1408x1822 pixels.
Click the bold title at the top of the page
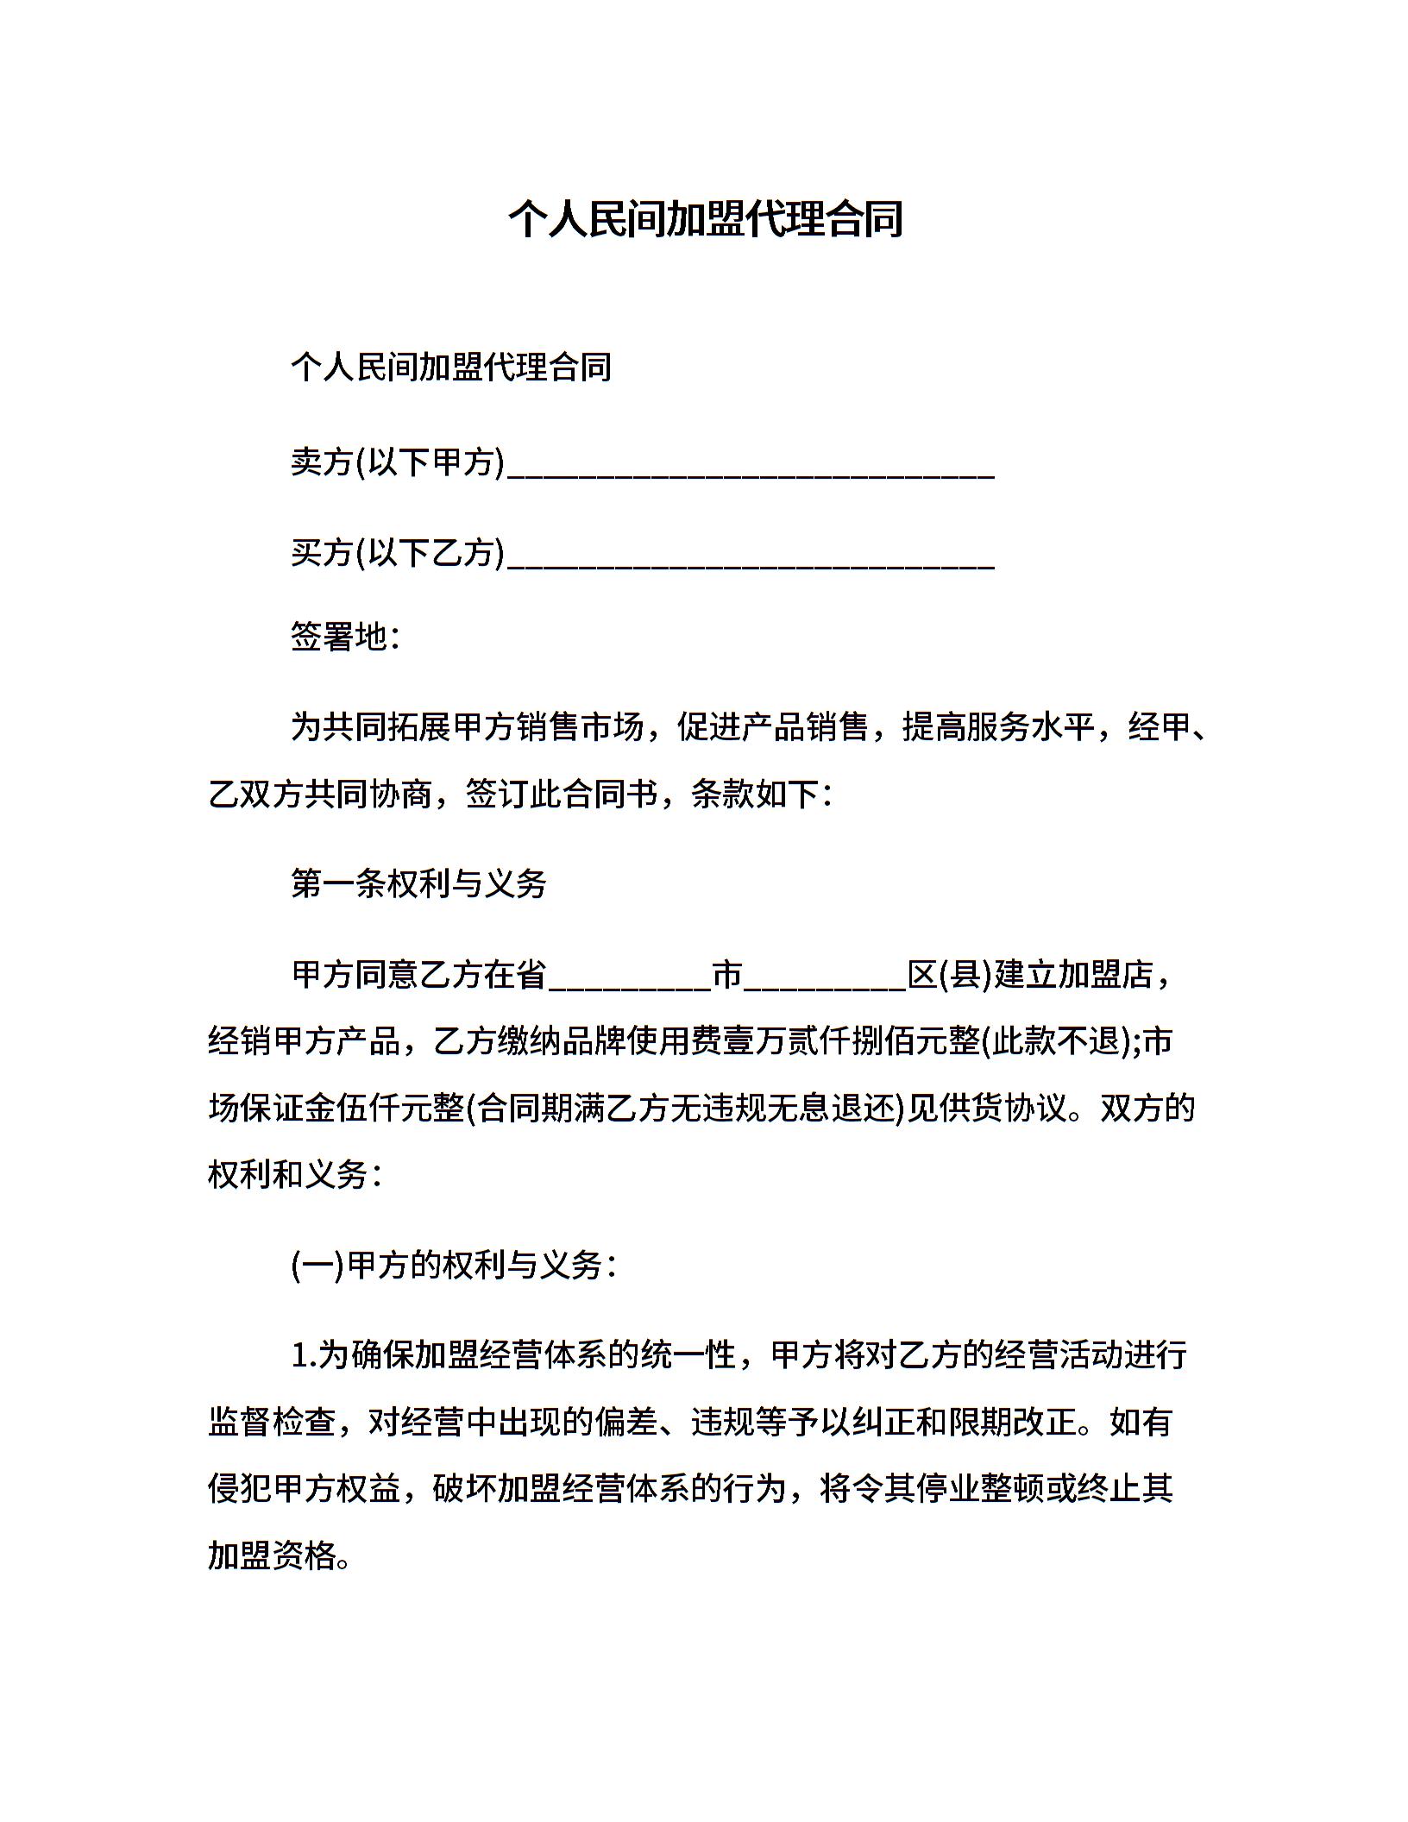[705, 219]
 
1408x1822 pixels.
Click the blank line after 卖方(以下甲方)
[751, 466]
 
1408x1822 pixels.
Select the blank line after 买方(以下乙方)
[751, 556]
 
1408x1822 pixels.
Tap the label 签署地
[339, 637]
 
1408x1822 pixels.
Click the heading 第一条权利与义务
[419, 883]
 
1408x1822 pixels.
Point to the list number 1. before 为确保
[304, 1355]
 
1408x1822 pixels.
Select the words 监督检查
[272, 1422]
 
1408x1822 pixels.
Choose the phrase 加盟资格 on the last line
[272, 1555]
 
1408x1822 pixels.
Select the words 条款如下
[755, 794]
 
